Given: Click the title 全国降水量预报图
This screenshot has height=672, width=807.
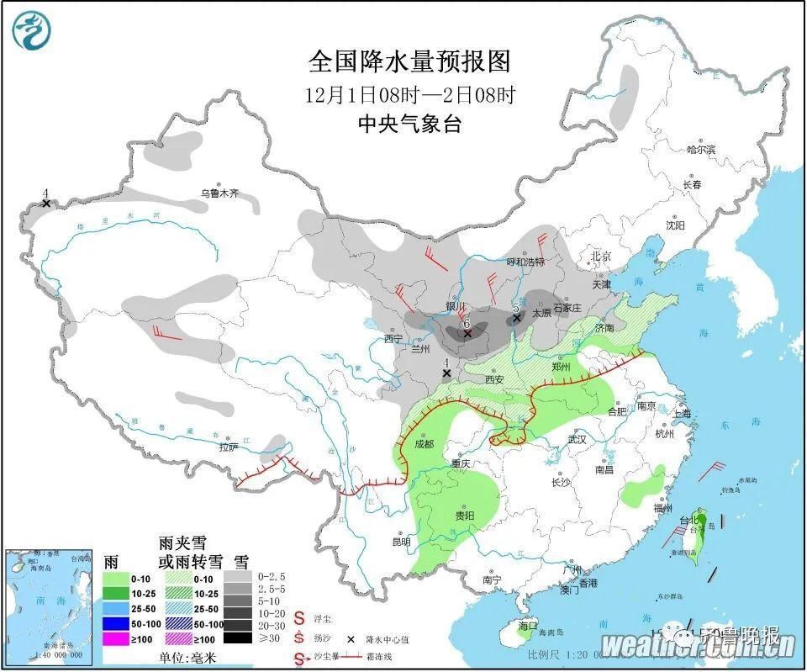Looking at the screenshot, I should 409,61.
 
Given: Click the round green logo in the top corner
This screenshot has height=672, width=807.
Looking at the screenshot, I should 32,31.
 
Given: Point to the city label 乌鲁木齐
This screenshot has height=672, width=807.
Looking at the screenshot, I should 219,193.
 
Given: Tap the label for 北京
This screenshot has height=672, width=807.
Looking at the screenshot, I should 599,256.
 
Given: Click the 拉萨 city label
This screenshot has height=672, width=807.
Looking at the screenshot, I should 229,448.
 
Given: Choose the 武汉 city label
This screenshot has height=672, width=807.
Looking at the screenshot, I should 577,439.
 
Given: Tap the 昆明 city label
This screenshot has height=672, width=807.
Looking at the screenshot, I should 401,542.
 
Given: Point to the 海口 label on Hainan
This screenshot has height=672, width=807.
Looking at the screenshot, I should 528,626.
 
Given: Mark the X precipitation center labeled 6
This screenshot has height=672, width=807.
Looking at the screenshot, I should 467,334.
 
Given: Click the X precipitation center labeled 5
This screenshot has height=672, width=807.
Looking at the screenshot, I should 518,319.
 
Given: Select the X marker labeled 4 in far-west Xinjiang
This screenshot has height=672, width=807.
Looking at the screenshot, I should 45,204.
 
